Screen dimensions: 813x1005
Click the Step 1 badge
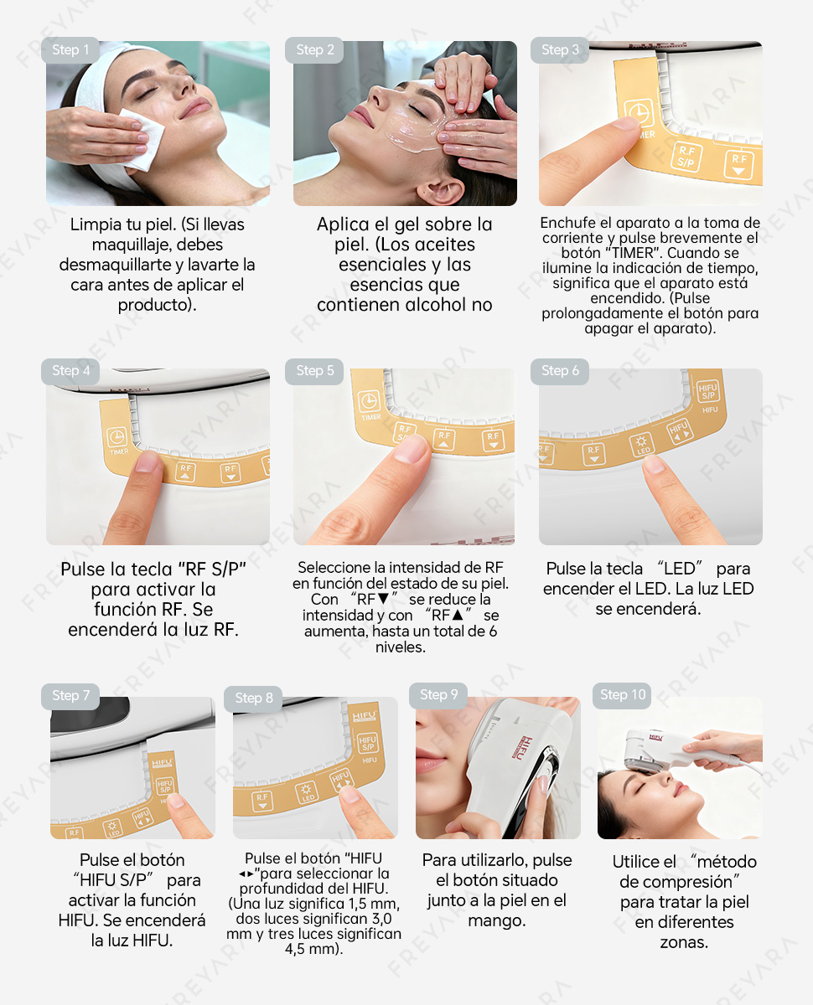pos(70,50)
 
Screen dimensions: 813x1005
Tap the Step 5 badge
pos(314,371)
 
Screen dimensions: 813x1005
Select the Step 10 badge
pos(622,695)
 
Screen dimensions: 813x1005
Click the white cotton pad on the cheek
pos(141,139)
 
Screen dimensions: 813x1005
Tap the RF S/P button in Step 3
pos(686,157)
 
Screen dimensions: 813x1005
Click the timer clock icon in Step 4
pos(117,437)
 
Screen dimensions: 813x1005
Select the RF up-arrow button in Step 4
pos(185,472)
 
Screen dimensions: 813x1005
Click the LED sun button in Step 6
pos(642,445)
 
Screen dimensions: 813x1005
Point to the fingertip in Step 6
pos(655,465)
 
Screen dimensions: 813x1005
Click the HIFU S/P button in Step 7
pos(165,786)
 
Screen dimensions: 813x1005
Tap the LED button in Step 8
pos(307,793)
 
